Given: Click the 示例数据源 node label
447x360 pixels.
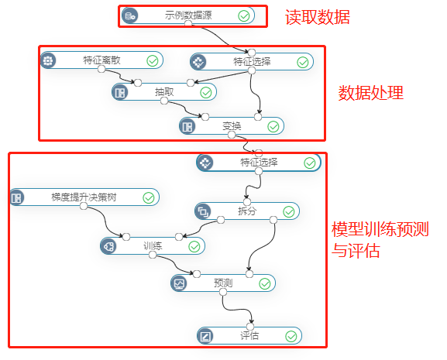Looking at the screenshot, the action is (188, 15).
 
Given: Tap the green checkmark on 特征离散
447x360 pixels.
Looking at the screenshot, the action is (153, 61).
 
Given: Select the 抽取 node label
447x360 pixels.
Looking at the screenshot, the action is (164, 92).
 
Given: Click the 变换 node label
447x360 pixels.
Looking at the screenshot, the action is (232, 126).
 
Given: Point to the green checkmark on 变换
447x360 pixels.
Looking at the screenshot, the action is (273, 127).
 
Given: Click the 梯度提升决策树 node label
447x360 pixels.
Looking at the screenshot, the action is (84, 197).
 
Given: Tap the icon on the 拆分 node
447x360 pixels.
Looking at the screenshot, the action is (203, 211).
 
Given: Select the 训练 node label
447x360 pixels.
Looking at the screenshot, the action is (153, 245).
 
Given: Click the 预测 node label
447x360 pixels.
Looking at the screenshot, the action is (223, 283).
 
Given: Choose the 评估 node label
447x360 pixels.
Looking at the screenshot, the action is (249, 336).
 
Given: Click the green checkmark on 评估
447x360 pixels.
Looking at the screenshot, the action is (291, 336).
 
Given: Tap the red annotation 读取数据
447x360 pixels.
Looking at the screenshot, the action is (318, 17).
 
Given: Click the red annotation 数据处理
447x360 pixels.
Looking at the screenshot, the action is (371, 93).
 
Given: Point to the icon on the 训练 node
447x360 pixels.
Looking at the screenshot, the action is (108, 246).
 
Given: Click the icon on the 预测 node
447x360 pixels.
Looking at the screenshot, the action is (179, 283).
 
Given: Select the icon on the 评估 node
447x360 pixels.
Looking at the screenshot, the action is (205, 336).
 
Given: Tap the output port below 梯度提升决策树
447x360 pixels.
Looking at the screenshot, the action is (84, 206).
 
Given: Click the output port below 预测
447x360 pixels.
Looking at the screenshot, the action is (223, 292).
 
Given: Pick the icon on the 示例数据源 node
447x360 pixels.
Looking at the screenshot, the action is (129, 15).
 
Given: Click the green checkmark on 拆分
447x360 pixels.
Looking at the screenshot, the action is (289, 212).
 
